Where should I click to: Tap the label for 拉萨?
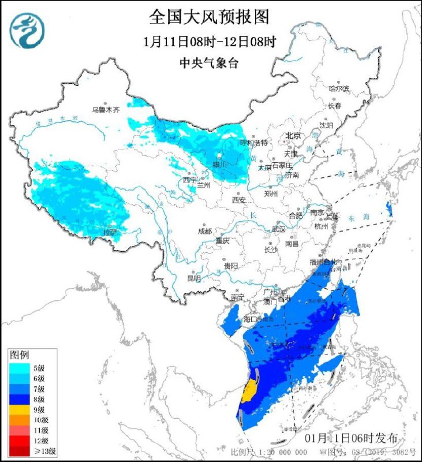point(110,232)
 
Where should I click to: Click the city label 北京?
point(293,136)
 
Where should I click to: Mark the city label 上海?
point(332,217)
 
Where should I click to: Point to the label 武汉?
point(279,229)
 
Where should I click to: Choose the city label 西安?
point(239,200)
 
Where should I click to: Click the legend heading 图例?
point(20,354)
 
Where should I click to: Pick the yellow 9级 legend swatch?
point(18,409)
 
